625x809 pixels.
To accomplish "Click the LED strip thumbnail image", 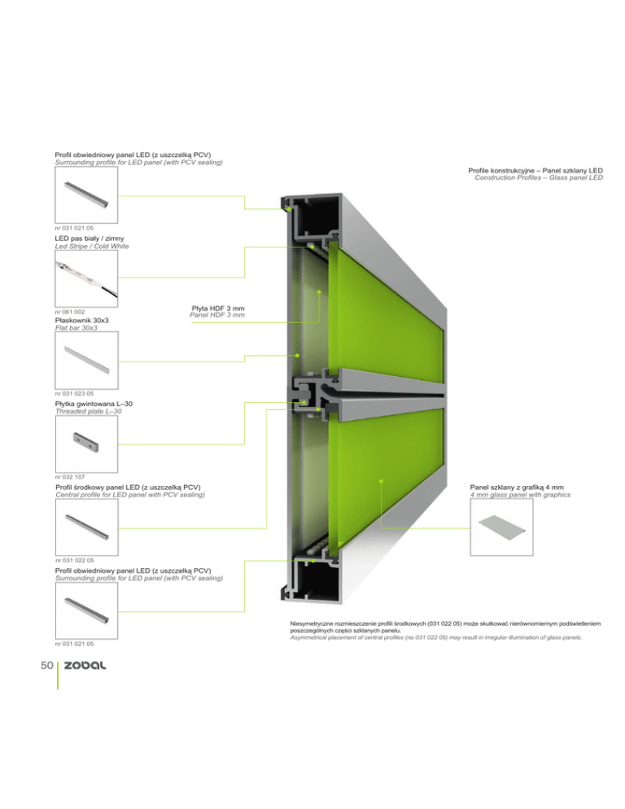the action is (86, 278).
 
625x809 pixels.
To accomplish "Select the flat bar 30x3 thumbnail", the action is (86, 360).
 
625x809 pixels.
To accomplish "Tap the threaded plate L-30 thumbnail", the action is (86, 444).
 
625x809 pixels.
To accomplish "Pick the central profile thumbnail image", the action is (87, 527).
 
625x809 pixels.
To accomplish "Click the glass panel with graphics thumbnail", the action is (501, 527).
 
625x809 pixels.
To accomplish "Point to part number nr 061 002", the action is (70, 313).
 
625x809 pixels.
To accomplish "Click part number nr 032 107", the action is (70, 477).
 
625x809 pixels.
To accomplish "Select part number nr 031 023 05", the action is (74, 394).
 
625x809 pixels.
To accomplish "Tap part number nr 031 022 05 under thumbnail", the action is (75, 560).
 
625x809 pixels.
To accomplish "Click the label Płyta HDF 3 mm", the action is (218, 308).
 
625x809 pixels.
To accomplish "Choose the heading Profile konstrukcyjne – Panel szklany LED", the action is (535, 170).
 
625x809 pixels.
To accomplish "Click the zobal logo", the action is (85, 666).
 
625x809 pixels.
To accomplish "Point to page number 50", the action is (46, 666).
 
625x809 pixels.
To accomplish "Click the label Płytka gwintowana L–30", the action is (94, 404).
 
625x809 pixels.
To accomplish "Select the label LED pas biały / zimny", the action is (90, 238).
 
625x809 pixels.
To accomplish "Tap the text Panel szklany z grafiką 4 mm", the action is (517, 487).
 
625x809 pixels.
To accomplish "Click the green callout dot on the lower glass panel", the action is (381, 481).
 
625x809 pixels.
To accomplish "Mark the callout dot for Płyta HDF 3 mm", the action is (319, 292).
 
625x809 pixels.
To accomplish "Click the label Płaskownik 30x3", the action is (81, 321).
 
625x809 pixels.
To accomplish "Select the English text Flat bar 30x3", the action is (76, 328).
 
